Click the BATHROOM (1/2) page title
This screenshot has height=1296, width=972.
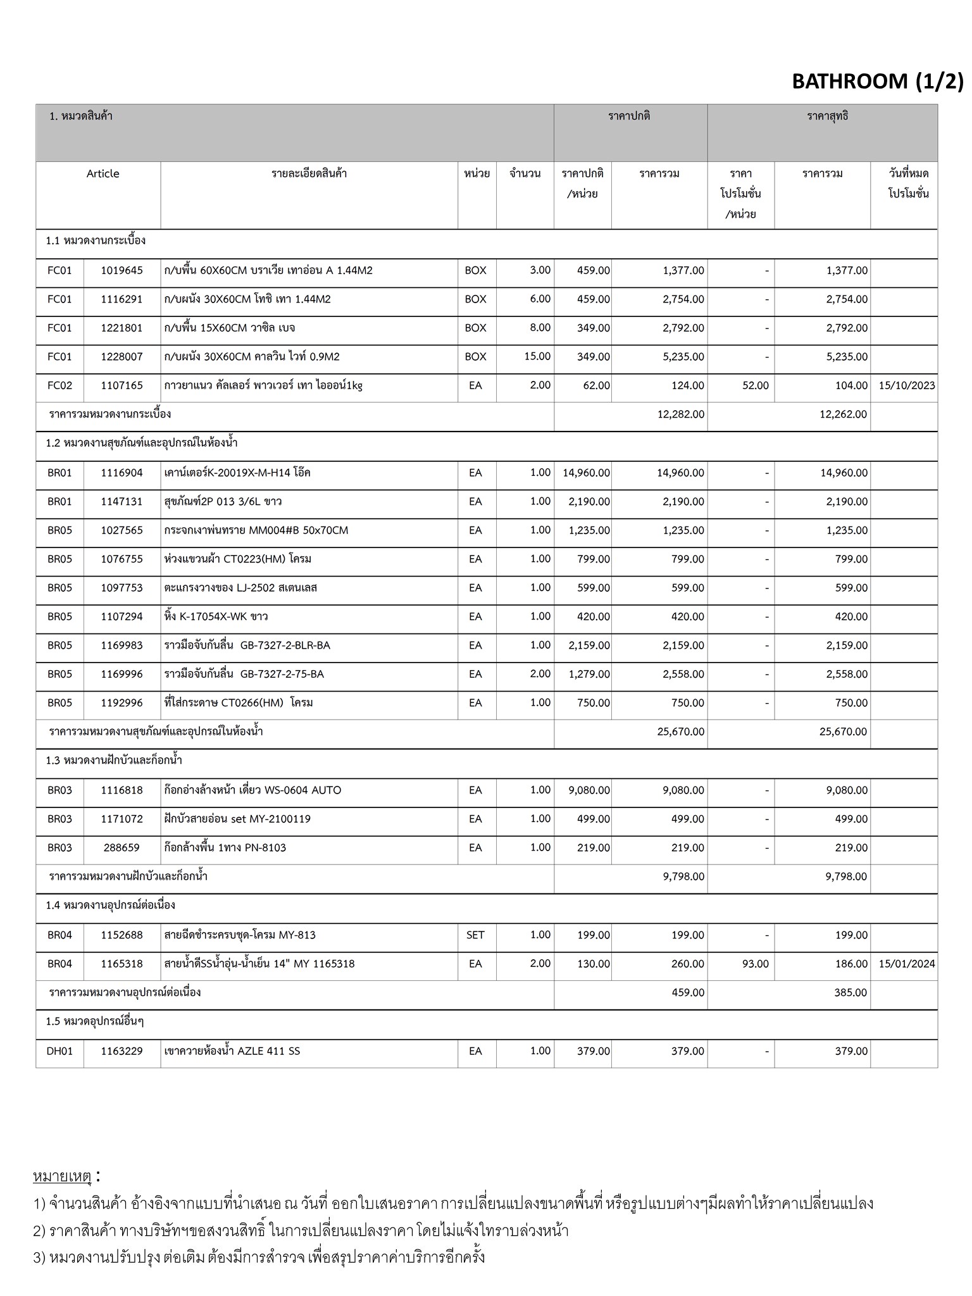click(877, 82)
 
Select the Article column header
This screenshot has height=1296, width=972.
click(103, 174)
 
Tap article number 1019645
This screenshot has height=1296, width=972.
click(121, 271)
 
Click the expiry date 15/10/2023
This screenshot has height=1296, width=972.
click(906, 386)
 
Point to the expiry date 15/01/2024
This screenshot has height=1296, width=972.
click(906, 964)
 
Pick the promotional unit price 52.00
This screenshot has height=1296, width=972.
click(755, 386)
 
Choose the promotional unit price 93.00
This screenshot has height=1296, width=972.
click(755, 964)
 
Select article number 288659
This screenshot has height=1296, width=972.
click(121, 848)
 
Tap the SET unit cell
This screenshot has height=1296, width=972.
click(475, 935)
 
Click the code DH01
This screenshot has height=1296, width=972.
click(59, 1051)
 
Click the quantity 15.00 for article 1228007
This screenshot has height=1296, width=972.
click(537, 357)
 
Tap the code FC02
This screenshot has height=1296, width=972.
click(59, 386)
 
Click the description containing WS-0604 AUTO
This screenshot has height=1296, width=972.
click(252, 790)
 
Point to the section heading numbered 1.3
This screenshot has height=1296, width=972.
click(114, 761)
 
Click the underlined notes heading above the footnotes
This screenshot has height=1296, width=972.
click(63, 1176)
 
